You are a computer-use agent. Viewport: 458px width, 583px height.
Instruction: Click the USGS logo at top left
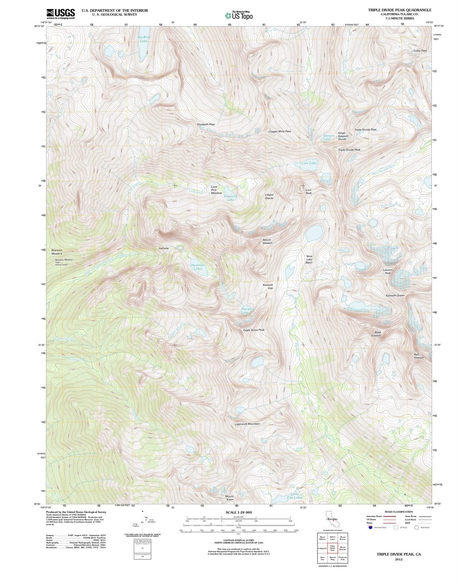(x=60, y=14)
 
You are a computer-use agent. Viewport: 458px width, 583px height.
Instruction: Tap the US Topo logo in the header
(x=238, y=15)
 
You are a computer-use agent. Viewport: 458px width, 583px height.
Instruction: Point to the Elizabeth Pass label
(x=206, y=124)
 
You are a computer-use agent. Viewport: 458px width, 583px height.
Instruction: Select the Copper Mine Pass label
(x=280, y=132)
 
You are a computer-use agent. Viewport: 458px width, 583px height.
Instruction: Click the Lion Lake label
(x=309, y=163)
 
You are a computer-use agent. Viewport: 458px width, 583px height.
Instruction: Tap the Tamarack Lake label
(x=230, y=198)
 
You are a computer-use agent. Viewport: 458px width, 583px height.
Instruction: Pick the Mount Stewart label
(x=267, y=242)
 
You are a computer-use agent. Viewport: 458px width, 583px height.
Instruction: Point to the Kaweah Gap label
(x=268, y=286)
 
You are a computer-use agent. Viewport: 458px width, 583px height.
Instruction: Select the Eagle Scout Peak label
(x=254, y=330)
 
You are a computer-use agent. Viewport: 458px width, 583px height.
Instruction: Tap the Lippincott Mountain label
(x=247, y=424)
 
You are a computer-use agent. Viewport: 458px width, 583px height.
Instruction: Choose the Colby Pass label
(x=420, y=51)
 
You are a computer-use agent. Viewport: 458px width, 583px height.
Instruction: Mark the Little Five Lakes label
(x=295, y=496)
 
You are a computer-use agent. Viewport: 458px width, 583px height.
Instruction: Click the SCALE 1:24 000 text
(x=238, y=512)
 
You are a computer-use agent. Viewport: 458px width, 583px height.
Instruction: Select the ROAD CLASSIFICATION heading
(x=399, y=512)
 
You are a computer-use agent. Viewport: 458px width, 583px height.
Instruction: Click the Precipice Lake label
(x=248, y=311)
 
